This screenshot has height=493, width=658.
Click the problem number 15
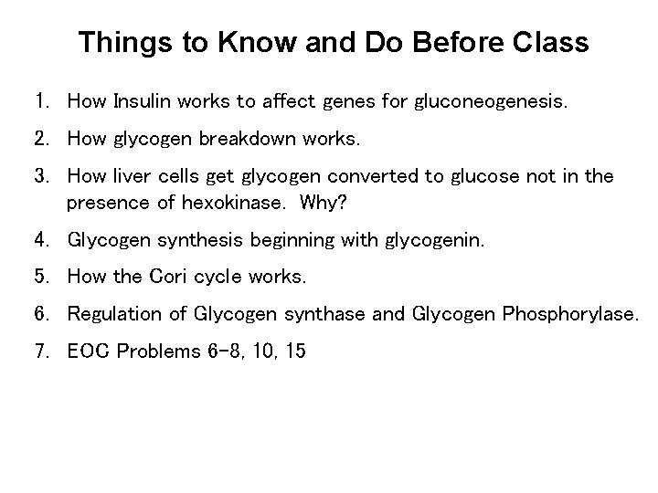click(294, 351)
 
